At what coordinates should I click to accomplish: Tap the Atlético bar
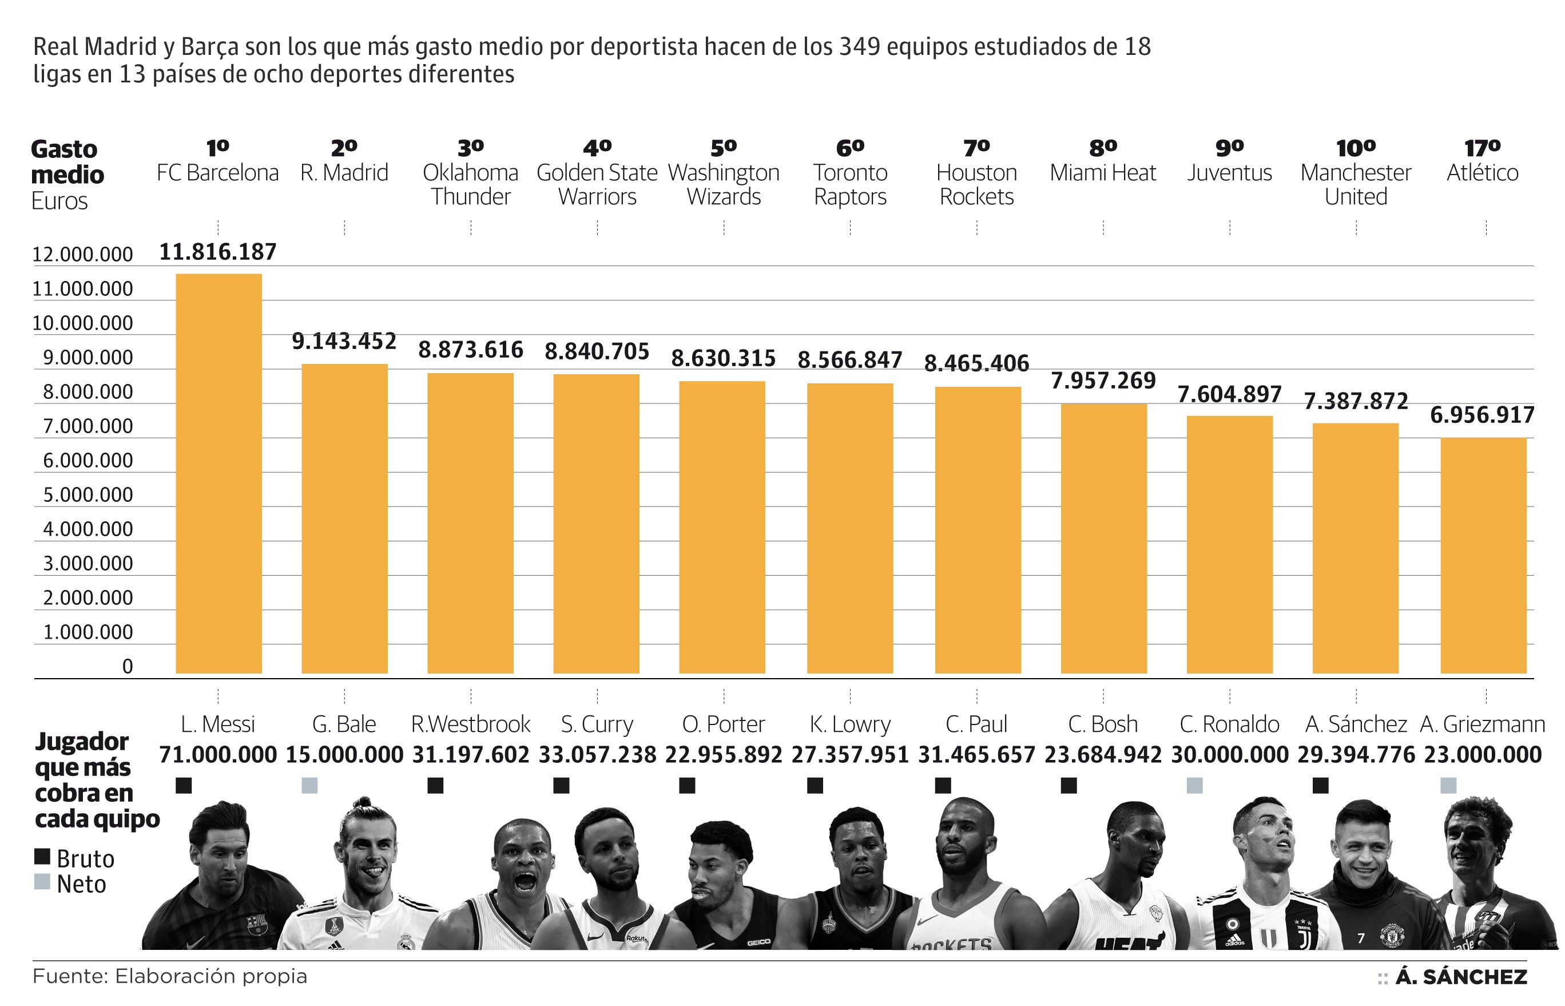point(1483,555)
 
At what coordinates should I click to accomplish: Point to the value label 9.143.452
point(344,341)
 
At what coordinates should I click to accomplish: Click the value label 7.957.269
point(1103,380)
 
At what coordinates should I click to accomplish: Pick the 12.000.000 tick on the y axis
point(82,254)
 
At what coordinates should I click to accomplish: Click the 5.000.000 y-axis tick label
point(88,494)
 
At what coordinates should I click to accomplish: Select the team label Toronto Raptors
point(849,184)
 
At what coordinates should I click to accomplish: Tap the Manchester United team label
point(1356,184)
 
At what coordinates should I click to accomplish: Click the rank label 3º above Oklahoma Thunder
point(470,148)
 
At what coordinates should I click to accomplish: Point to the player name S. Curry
point(597,724)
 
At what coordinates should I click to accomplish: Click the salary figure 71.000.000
point(218,754)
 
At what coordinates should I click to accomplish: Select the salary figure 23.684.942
point(1103,754)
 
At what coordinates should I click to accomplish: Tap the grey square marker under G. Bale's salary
point(309,785)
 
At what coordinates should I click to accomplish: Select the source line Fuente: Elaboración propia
point(170,976)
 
